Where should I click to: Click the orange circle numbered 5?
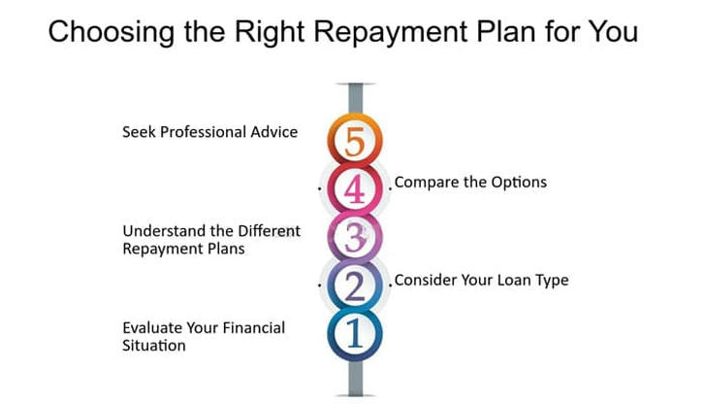355,140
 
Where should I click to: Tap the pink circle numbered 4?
355,188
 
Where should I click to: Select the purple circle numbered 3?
355,237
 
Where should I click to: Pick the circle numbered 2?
355,286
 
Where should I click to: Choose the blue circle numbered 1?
355,334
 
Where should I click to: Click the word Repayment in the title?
391,33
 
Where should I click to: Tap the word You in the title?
613,31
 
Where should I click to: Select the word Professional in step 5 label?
203,132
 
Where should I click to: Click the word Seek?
139,132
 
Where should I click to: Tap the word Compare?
427,183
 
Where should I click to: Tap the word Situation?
154,346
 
